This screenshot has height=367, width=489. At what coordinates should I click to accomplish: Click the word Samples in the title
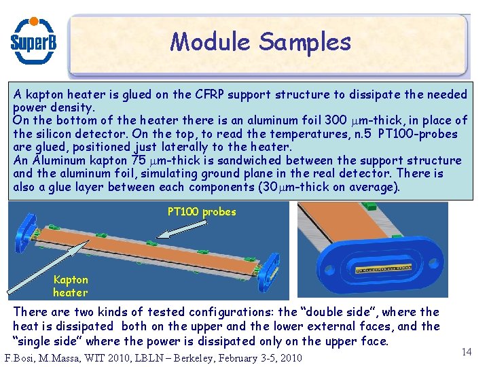(x=305, y=42)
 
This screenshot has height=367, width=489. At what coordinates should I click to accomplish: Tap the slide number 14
(x=466, y=351)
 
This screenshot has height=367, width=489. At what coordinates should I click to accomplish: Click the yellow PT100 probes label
(x=202, y=211)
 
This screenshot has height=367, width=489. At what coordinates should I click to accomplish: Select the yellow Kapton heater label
(x=71, y=286)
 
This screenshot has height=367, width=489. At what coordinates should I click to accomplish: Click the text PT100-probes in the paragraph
(x=418, y=134)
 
